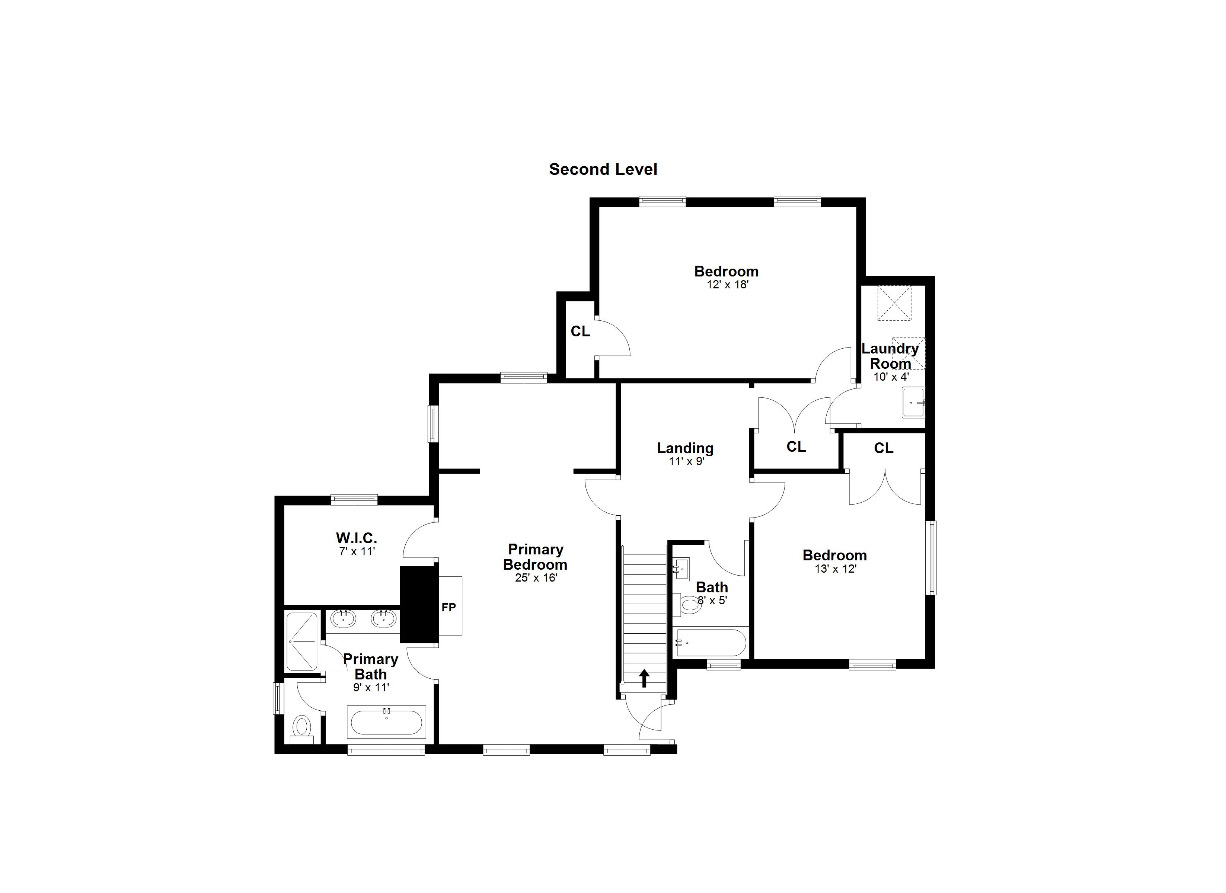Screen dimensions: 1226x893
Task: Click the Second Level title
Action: point(603,169)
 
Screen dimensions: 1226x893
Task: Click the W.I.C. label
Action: point(356,538)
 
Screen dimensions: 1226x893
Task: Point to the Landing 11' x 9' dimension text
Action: point(686,462)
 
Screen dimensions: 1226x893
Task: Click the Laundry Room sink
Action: point(914,403)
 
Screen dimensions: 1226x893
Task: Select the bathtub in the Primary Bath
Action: point(386,721)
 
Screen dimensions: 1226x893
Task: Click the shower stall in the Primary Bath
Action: point(301,641)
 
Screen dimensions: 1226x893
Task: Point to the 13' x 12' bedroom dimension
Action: point(836,569)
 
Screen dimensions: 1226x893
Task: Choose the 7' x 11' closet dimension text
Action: point(356,552)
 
